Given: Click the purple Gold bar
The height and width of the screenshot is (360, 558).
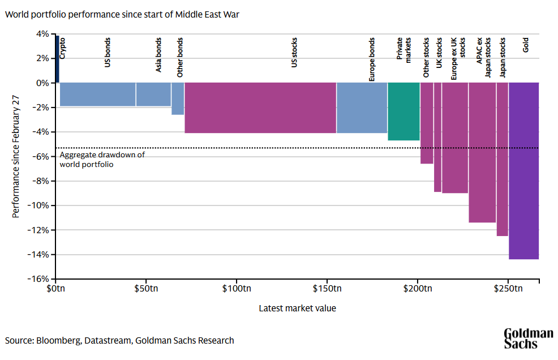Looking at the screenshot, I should click(523, 170).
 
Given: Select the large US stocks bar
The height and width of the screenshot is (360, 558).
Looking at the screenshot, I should click(260, 108).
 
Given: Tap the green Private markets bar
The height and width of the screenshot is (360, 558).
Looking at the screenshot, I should click(404, 111).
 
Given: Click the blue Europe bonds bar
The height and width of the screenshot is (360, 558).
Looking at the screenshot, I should click(362, 108).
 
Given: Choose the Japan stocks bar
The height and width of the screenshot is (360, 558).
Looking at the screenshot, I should click(502, 159).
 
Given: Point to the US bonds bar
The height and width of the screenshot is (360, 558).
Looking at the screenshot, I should click(97, 94).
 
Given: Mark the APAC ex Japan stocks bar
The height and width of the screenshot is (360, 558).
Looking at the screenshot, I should click(482, 152).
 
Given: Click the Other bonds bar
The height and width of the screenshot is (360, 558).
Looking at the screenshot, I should click(178, 98).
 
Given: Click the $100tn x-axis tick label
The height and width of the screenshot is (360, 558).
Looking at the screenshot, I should click(236, 289).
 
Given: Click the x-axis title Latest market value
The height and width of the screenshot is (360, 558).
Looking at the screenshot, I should click(297, 308).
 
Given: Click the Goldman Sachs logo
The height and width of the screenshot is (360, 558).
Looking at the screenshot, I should click(528, 338).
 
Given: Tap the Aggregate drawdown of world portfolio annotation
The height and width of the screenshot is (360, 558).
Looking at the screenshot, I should click(102, 160).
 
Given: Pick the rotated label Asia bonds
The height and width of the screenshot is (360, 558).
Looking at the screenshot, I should click(159, 55).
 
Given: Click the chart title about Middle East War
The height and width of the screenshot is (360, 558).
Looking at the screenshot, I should click(122, 14).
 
